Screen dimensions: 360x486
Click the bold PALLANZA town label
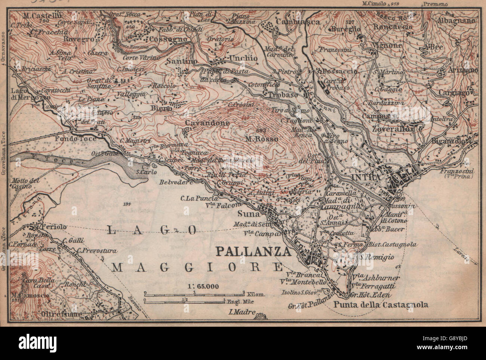click(253, 251)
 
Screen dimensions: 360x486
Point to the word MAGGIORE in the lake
click(197, 267)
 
